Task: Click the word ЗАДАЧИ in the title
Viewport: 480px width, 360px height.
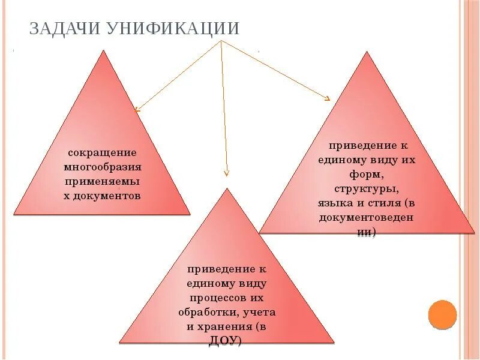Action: [x=65, y=28]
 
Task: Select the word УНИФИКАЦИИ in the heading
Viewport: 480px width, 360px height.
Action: [x=173, y=28]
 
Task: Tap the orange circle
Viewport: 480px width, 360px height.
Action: [x=442, y=314]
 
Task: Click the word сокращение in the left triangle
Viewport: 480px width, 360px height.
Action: [x=102, y=152]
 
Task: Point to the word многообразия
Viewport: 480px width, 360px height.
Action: [x=103, y=167]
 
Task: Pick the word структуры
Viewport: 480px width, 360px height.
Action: [x=367, y=189]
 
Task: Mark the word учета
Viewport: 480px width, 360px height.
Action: [x=260, y=312]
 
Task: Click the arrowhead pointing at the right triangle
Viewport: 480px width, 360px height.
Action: [x=328, y=98]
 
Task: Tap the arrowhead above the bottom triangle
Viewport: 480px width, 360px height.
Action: [x=226, y=173]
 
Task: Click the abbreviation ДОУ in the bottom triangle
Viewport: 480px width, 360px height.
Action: [x=224, y=341]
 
